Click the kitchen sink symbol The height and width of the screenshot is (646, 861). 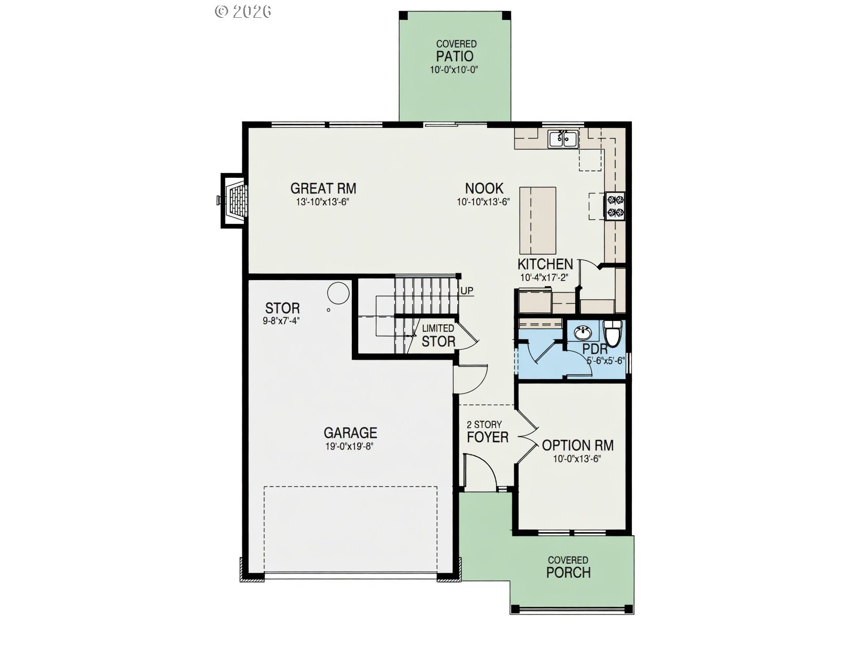coord(563,139)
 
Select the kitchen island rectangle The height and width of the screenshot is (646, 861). coord(537,220)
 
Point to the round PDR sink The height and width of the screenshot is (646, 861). coord(583,332)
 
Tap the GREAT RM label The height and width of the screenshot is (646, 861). coord(323,188)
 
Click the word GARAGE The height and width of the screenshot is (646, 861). coord(350,433)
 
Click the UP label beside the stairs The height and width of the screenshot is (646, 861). coord(467,290)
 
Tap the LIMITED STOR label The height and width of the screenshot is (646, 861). coord(438,336)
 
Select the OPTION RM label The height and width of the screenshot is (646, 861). coord(577,446)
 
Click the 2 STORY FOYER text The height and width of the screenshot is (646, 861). coord(488,432)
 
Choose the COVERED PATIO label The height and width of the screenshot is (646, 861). coord(456,51)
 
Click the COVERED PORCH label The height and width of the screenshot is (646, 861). coord(568,567)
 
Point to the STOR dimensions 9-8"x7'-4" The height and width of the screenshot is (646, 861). coord(282,321)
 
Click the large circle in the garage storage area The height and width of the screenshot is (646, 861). coord(338,293)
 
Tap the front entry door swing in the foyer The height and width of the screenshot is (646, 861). coord(480,472)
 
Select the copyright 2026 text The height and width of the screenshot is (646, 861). coord(243,11)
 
